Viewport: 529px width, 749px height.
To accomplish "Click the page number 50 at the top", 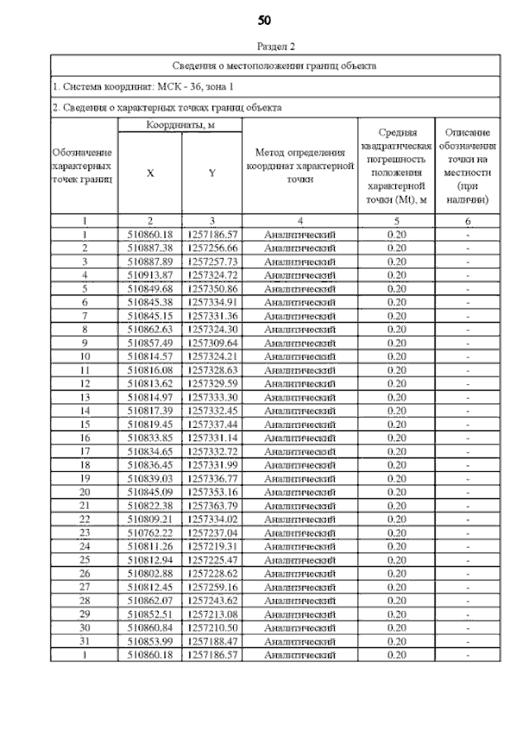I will point(264,20).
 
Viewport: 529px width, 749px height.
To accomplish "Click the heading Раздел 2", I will point(264,47).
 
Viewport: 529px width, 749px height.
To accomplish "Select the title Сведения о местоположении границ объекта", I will point(274,65).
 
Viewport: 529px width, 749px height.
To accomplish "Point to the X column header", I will point(150,173).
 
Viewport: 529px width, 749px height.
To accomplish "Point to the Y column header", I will point(212,173).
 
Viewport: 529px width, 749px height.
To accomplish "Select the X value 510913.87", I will point(150,275).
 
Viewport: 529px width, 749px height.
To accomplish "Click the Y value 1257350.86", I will point(212,288).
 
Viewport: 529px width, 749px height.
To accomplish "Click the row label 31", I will point(84,641).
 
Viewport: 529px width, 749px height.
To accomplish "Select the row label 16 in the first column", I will point(84,438).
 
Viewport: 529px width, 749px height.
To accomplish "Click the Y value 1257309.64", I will point(212,343).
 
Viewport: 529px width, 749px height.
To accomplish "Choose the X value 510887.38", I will point(150,247).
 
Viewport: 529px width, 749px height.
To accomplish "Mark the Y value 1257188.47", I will point(212,641).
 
